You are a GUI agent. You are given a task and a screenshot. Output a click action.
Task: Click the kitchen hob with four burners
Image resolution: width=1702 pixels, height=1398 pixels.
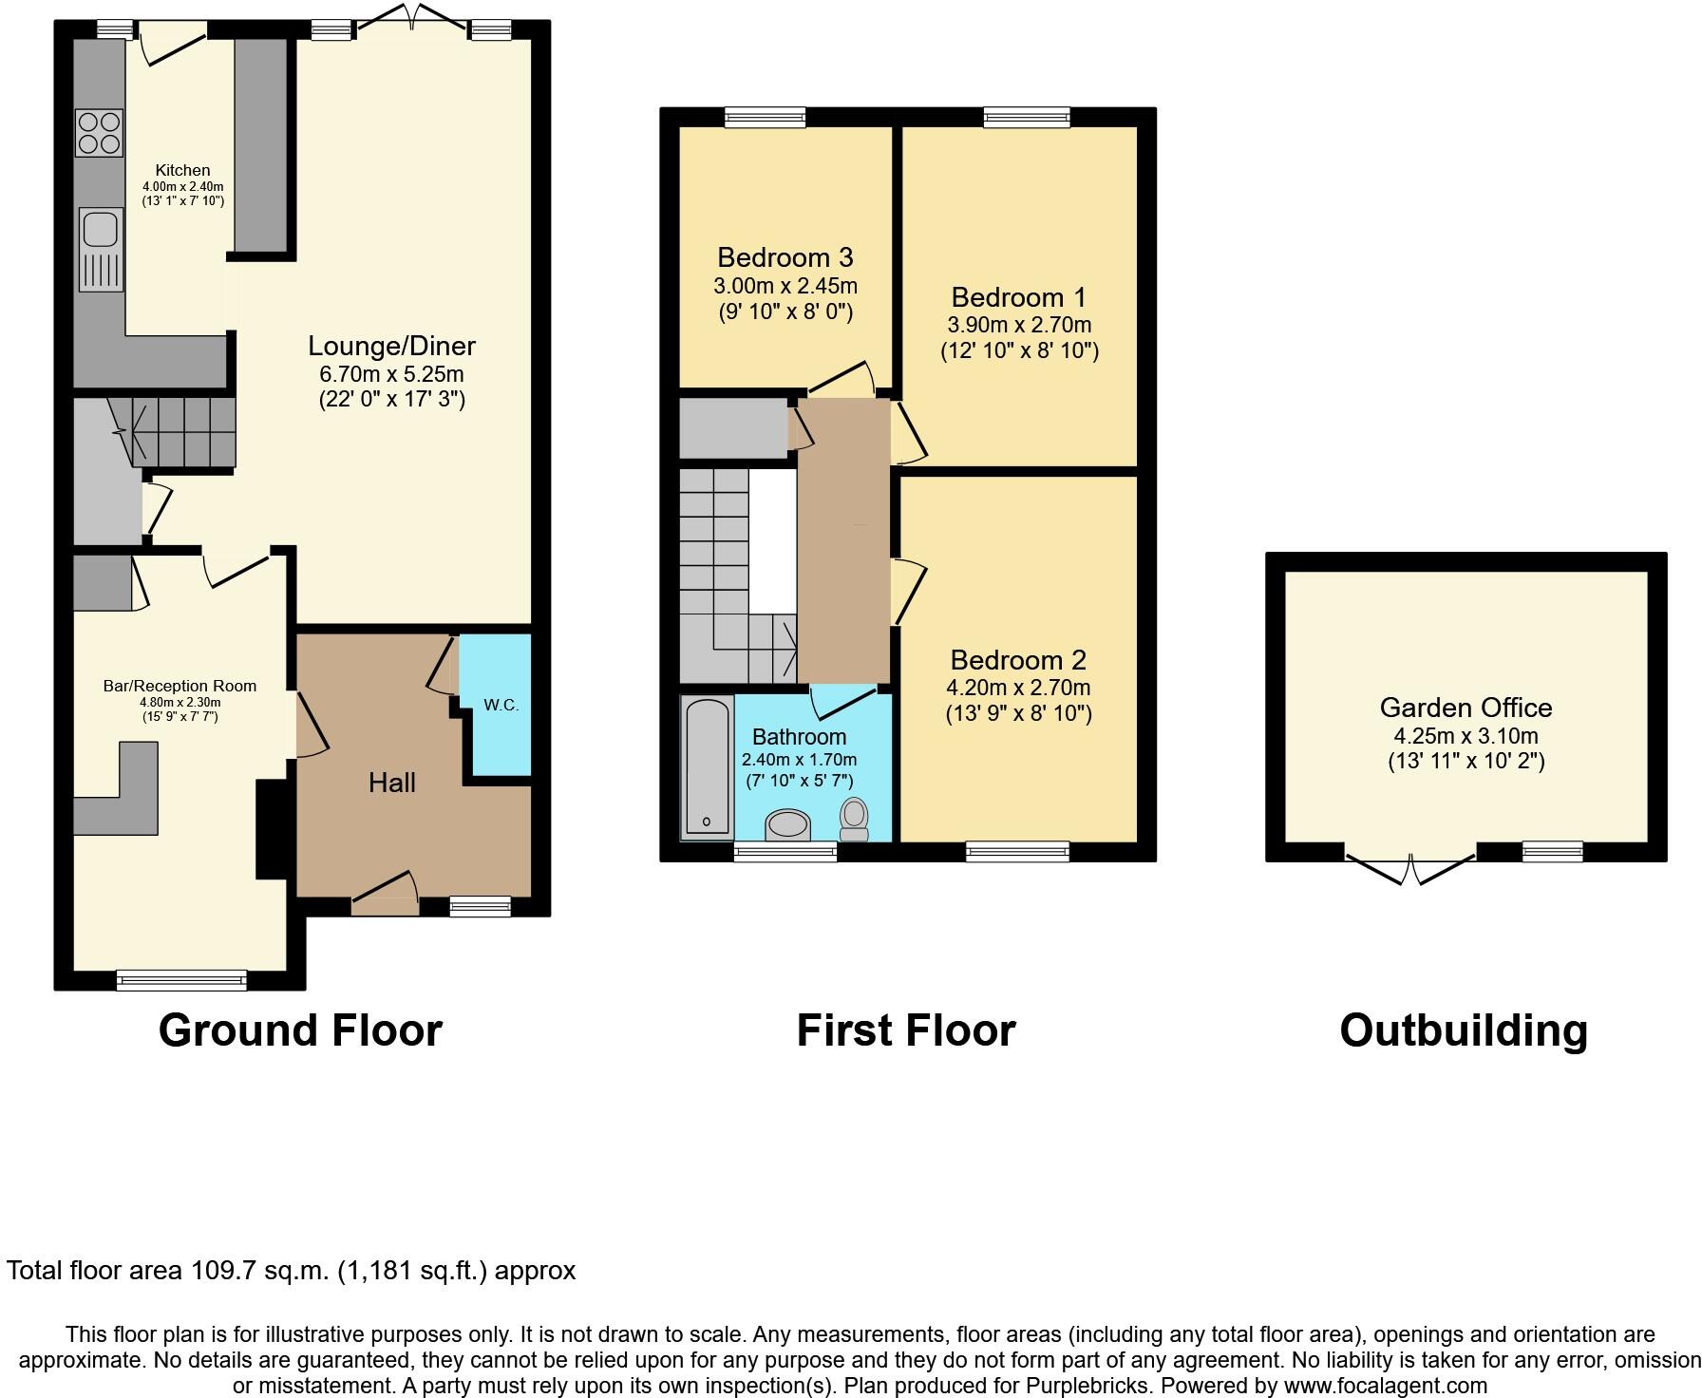tap(99, 132)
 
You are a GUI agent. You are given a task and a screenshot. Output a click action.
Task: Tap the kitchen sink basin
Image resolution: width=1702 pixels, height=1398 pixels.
tap(99, 229)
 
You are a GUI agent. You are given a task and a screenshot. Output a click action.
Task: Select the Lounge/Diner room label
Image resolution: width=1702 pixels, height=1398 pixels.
tap(391, 346)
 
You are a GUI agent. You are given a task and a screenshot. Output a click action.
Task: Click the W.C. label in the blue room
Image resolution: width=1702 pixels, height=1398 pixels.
tap(501, 705)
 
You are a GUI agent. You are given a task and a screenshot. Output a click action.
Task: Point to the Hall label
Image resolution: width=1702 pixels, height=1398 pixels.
tap(392, 783)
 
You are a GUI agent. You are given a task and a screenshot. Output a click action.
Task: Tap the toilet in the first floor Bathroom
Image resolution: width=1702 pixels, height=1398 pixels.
tap(854, 819)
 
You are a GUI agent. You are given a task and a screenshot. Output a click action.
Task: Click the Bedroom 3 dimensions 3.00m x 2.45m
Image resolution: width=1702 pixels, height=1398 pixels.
tap(785, 285)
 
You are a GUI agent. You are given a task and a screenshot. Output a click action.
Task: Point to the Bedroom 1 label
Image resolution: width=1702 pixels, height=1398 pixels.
tap(1018, 297)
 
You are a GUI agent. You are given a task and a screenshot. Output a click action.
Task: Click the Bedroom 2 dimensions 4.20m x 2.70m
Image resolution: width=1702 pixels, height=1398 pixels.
tap(1018, 687)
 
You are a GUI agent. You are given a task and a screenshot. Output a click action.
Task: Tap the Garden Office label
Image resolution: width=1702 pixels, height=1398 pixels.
tap(1466, 708)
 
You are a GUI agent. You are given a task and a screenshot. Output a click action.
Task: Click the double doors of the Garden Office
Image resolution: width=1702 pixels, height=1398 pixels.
tap(1410, 869)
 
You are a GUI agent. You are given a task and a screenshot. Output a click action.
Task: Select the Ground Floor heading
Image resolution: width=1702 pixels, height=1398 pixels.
tap(300, 1030)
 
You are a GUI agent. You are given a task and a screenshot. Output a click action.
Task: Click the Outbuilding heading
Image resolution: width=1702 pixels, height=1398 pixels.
tap(1463, 1030)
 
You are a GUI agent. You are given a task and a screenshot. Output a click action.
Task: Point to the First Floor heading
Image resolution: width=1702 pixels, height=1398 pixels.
tap(905, 1030)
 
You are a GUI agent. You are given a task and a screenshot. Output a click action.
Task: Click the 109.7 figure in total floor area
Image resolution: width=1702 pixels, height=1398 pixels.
tap(223, 1271)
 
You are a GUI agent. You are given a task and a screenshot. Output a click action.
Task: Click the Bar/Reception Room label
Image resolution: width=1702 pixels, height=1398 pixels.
tap(180, 686)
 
